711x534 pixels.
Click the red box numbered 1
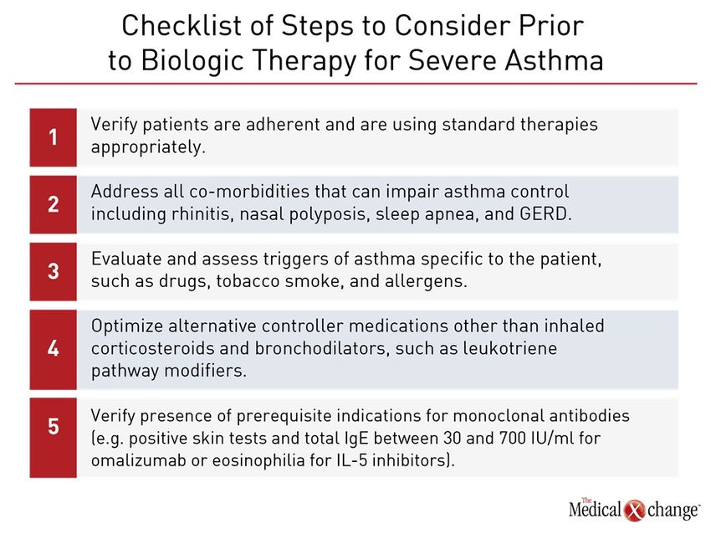pos(53,137)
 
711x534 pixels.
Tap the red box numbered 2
pos(53,204)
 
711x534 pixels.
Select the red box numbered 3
pos(53,271)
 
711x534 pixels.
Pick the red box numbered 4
pos(53,349)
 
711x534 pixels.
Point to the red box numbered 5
pos(53,438)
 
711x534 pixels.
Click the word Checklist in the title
pos(182,25)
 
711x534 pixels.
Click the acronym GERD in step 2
pos(545,213)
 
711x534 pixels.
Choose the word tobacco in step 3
pos(248,281)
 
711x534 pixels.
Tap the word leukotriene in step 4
pos(509,348)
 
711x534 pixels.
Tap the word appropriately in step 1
pos(148,147)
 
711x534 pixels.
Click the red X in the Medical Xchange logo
pos(634,510)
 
